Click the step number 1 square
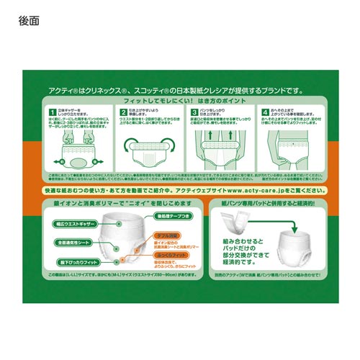point(53,112)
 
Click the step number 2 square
point(123,112)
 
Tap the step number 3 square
point(194,112)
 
